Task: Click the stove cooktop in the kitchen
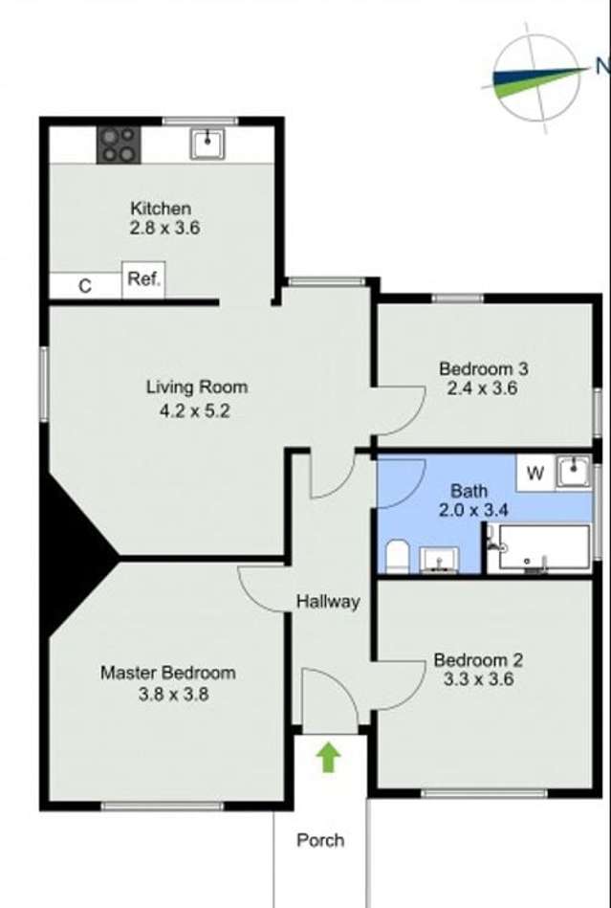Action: coord(120,144)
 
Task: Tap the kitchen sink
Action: coord(207,144)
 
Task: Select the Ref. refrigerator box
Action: coord(143,281)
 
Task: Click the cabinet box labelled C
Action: coord(85,286)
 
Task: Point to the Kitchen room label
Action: coord(161,208)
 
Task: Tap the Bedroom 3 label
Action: coord(483,368)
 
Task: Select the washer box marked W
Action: coord(535,472)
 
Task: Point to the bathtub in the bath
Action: coord(539,548)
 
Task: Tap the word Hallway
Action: coord(327,602)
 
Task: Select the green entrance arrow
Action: coord(329,758)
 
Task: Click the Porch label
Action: coord(320,840)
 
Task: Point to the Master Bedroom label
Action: coord(167,673)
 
